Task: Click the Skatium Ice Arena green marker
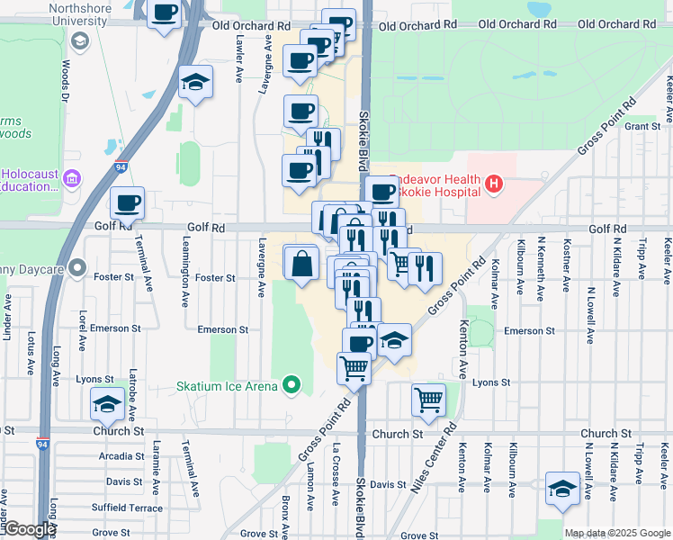pyautogui.click(x=291, y=387)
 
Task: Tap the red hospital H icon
pyautogui.click(x=492, y=185)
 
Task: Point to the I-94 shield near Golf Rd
pyautogui.click(x=121, y=166)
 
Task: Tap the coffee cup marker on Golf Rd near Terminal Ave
pyautogui.click(x=127, y=204)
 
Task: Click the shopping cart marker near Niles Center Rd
pyautogui.click(x=429, y=399)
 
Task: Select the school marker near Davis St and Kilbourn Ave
pyautogui.click(x=562, y=489)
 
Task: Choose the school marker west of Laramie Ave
pyautogui.click(x=107, y=405)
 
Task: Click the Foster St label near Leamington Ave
pyautogui.click(x=215, y=278)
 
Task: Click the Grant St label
pyautogui.click(x=642, y=127)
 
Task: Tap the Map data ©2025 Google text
pyautogui.click(x=617, y=533)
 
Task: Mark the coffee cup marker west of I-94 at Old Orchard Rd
pyautogui.click(x=165, y=13)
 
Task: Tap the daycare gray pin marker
pyautogui.click(x=78, y=267)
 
